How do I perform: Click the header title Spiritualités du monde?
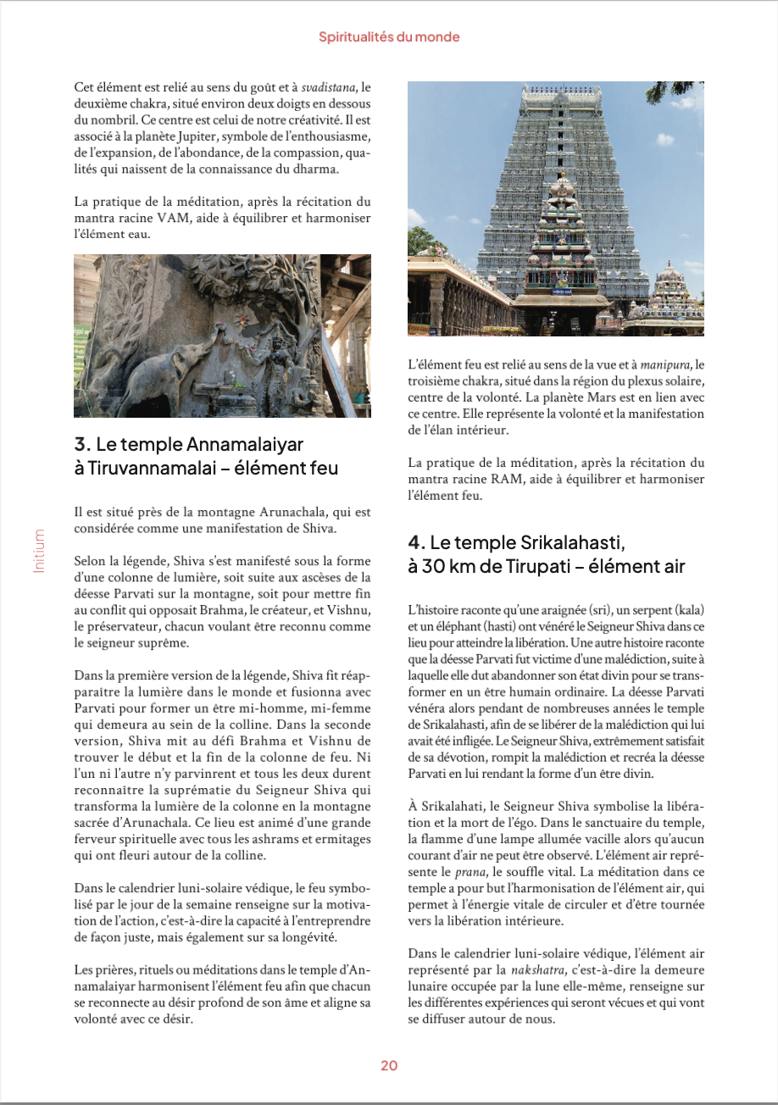point(389,37)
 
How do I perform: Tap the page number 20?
point(389,1066)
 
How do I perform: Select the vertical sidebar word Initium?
point(38,551)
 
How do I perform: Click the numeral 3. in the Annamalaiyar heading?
point(82,444)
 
